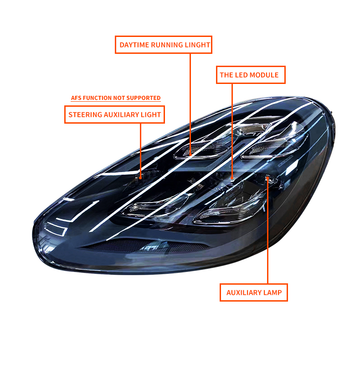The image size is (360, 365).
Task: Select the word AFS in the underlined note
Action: point(76,98)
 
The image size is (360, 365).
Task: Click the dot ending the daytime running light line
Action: point(190,154)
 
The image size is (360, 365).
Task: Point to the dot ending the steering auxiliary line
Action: point(140,178)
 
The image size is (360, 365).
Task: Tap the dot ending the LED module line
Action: point(232,178)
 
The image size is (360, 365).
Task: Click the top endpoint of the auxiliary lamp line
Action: point(267,178)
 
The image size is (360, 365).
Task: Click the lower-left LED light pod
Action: point(154,206)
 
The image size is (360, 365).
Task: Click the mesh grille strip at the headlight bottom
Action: point(144,245)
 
